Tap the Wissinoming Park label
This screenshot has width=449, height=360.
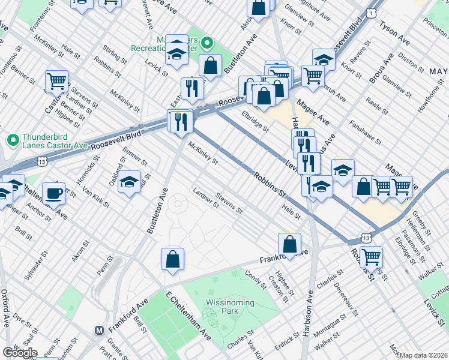(230, 307)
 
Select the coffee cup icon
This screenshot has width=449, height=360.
(53, 193)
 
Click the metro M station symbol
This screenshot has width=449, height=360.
(100, 330)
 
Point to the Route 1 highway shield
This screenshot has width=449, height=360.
(373, 13)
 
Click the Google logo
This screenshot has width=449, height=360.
(19, 353)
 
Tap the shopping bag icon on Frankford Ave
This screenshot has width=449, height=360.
(289, 244)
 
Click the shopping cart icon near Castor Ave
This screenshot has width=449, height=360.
(56, 80)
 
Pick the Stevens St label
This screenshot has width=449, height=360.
(229, 203)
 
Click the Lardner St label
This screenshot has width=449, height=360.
(206, 197)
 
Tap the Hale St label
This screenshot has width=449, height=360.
(291, 211)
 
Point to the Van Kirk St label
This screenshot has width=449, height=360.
(96, 196)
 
